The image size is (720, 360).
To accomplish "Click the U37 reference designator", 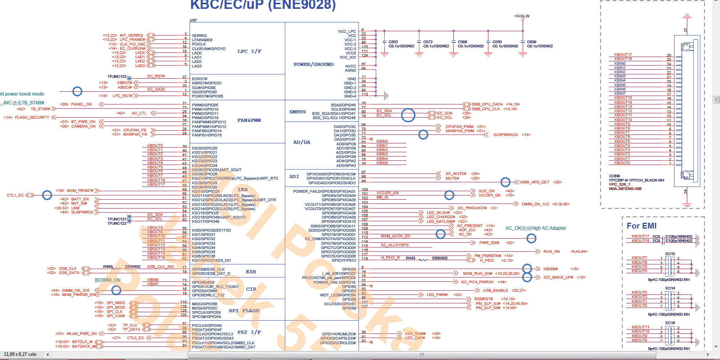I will (x=193, y=20).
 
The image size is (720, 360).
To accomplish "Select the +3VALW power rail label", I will (x=521, y=16).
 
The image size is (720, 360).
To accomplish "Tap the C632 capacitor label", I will (x=393, y=42).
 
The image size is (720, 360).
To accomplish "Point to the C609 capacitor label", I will (x=532, y=42).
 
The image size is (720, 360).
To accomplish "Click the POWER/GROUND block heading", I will (x=313, y=64).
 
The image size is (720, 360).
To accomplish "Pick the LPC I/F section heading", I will (x=249, y=51).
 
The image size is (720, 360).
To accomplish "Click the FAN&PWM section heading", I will (x=249, y=120).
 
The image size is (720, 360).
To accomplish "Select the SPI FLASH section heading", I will (x=244, y=311).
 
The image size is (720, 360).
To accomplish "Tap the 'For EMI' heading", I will (x=641, y=226).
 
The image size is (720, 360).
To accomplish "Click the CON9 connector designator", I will (x=614, y=176).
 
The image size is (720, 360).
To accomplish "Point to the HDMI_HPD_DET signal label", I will (x=534, y=182).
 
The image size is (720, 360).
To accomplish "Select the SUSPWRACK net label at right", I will (x=506, y=135).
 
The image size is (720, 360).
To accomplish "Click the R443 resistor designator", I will (x=410, y=258).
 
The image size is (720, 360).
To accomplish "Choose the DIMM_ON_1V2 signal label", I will (x=535, y=204).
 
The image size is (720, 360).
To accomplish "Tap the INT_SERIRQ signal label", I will (x=131, y=35).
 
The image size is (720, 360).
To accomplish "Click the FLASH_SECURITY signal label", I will (x=32, y=118).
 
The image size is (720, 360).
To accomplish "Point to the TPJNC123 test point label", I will (x=117, y=77).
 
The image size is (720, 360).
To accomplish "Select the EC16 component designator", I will (x=670, y=323).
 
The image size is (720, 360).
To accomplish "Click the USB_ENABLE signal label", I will (x=495, y=291).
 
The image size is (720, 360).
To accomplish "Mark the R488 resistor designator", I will (x=108, y=267).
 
